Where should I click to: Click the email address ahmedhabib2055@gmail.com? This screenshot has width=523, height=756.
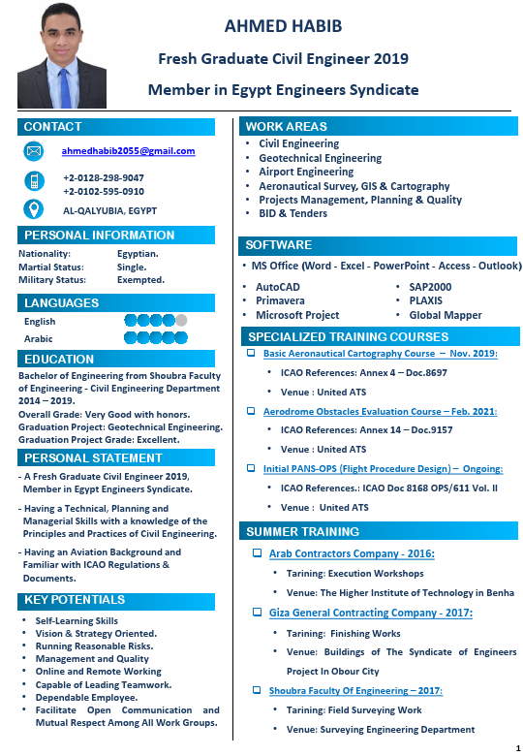tap(129, 151)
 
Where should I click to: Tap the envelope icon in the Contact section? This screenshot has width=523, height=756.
tap(34, 151)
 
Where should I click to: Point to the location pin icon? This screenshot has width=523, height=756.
tap(34, 208)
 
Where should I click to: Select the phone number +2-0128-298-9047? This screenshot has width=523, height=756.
tap(104, 177)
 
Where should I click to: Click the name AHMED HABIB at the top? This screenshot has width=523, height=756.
tap(283, 25)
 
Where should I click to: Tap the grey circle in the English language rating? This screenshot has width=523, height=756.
tap(181, 321)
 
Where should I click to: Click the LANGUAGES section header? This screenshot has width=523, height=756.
tap(62, 303)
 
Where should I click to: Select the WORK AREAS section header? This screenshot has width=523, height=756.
tap(286, 126)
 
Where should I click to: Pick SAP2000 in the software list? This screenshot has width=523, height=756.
tap(431, 287)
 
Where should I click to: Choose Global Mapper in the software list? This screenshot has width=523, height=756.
tap(446, 315)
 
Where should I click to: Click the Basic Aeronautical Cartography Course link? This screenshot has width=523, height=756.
tap(380, 354)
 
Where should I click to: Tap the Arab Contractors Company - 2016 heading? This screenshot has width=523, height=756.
tap(352, 553)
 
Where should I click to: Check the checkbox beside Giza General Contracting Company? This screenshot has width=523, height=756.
tap(258, 613)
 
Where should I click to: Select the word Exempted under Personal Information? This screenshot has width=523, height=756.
tap(140, 280)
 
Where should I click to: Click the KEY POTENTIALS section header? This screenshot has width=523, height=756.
tap(75, 600)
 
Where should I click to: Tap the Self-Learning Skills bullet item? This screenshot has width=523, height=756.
tap(77, 620)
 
